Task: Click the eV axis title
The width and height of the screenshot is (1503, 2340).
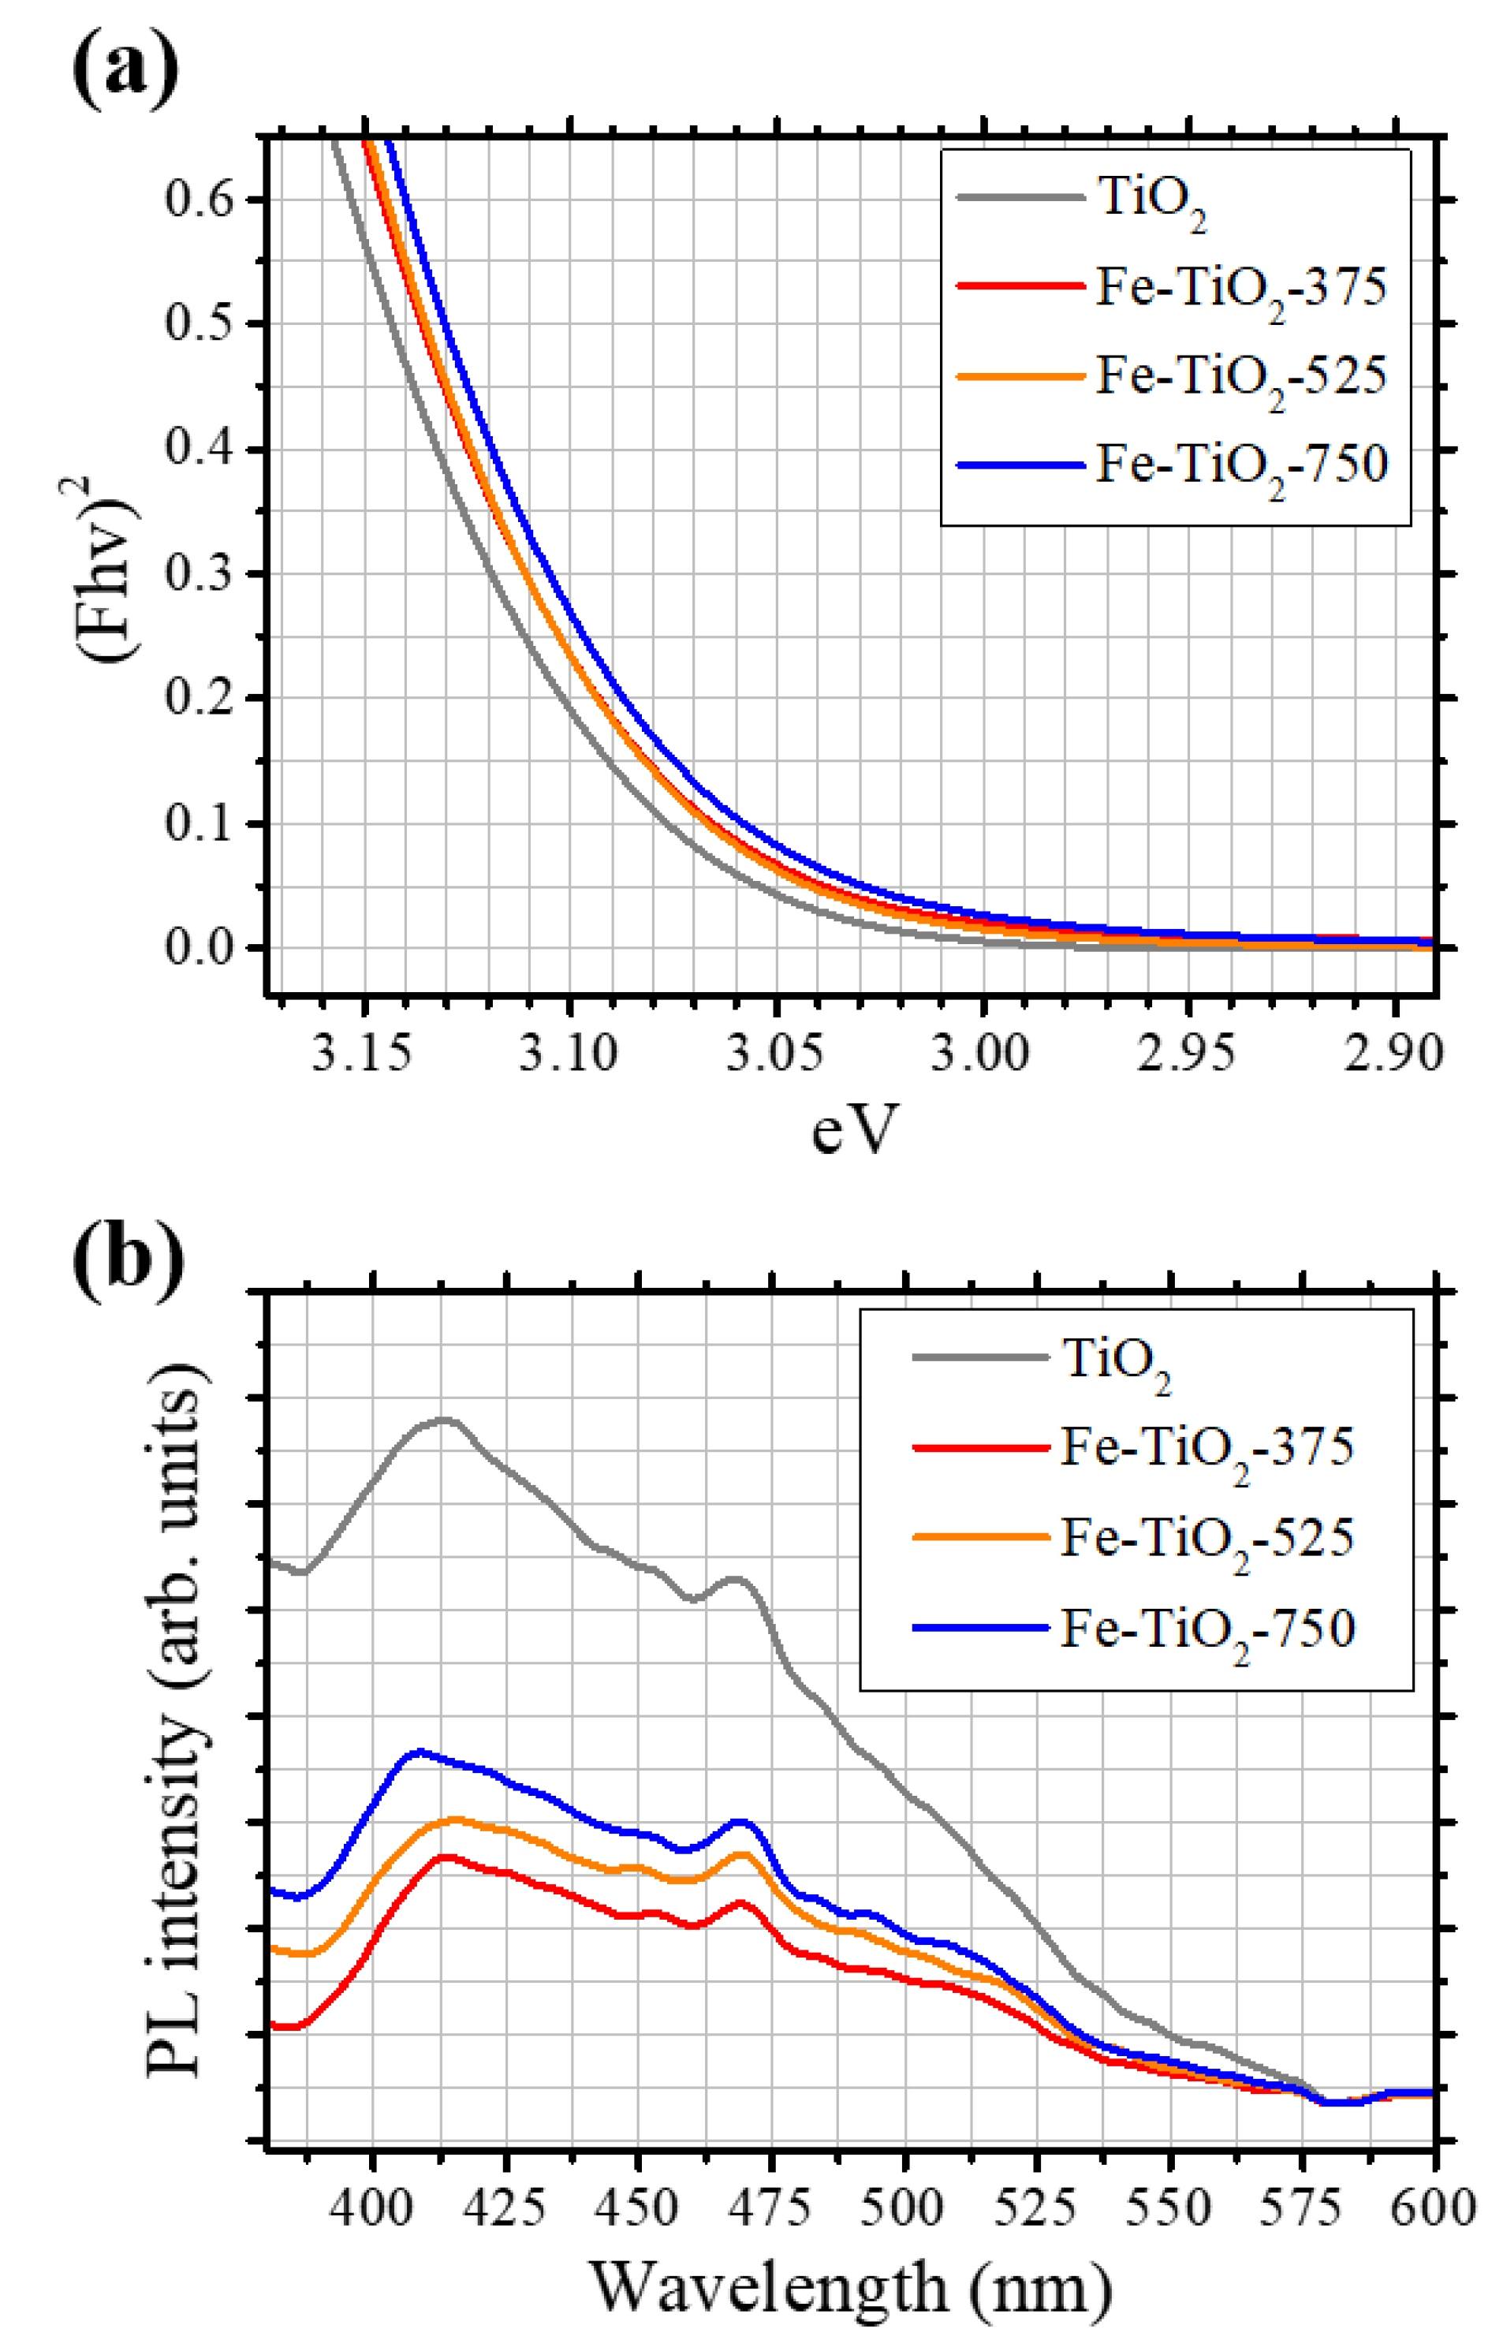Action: pyautogui.click(x=852, y=1130)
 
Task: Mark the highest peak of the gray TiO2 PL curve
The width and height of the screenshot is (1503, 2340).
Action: pyautogui.click(x=445, y=1420)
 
